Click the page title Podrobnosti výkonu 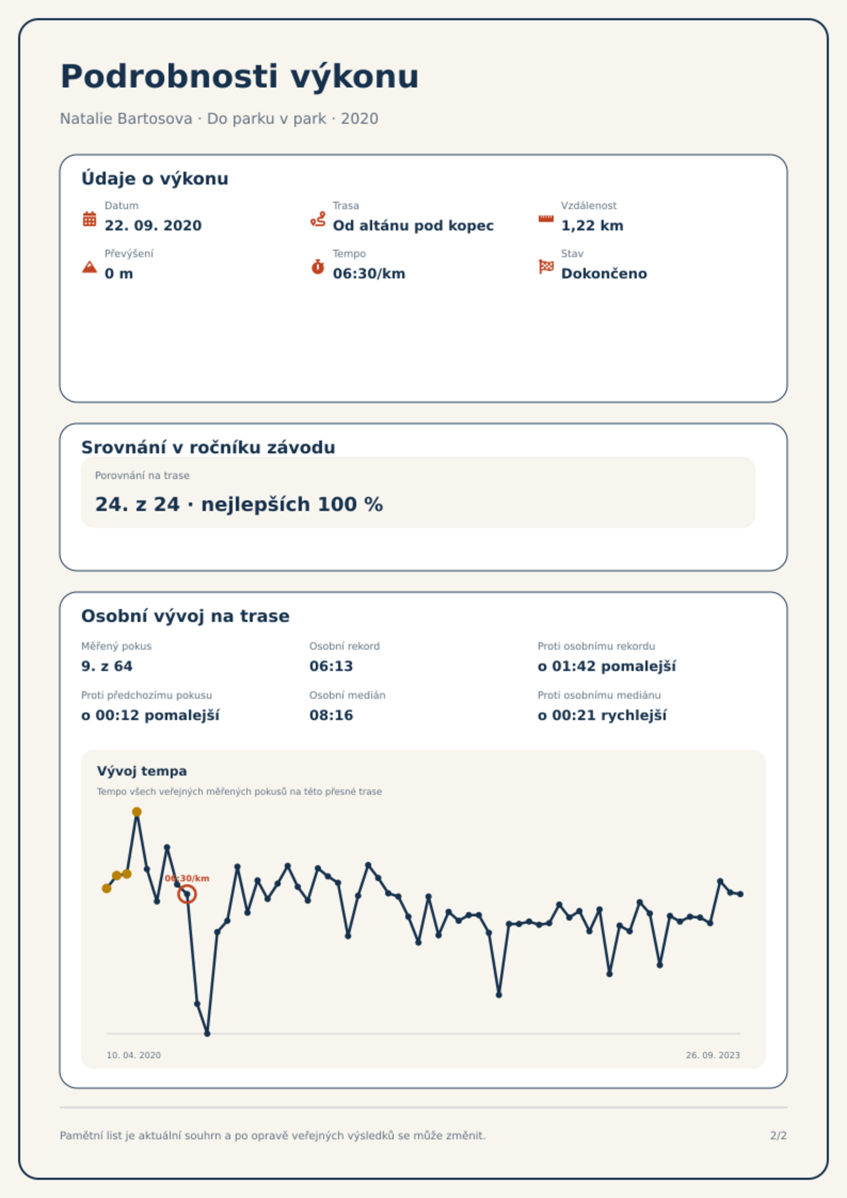point(239,77)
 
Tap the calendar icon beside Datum point(90,219)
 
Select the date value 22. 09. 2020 point(153,226)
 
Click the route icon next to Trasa point(318,219)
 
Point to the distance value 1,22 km point(592,226)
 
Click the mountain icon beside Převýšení point(90,267)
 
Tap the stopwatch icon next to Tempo point(318,267)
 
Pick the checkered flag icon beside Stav point(546,267)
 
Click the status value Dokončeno point(604,274)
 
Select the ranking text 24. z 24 point(137,505)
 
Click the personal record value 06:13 point(331,666)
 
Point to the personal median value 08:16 point(331,715)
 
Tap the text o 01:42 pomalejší point(606,666)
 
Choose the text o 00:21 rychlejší point(602,715)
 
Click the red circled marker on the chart point(187,894)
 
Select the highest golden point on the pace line point(137,812)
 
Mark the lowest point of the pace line point(207,1034)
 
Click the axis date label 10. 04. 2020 point(133,1055)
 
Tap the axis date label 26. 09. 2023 point(713,1055)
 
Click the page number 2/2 point(778,1136)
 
